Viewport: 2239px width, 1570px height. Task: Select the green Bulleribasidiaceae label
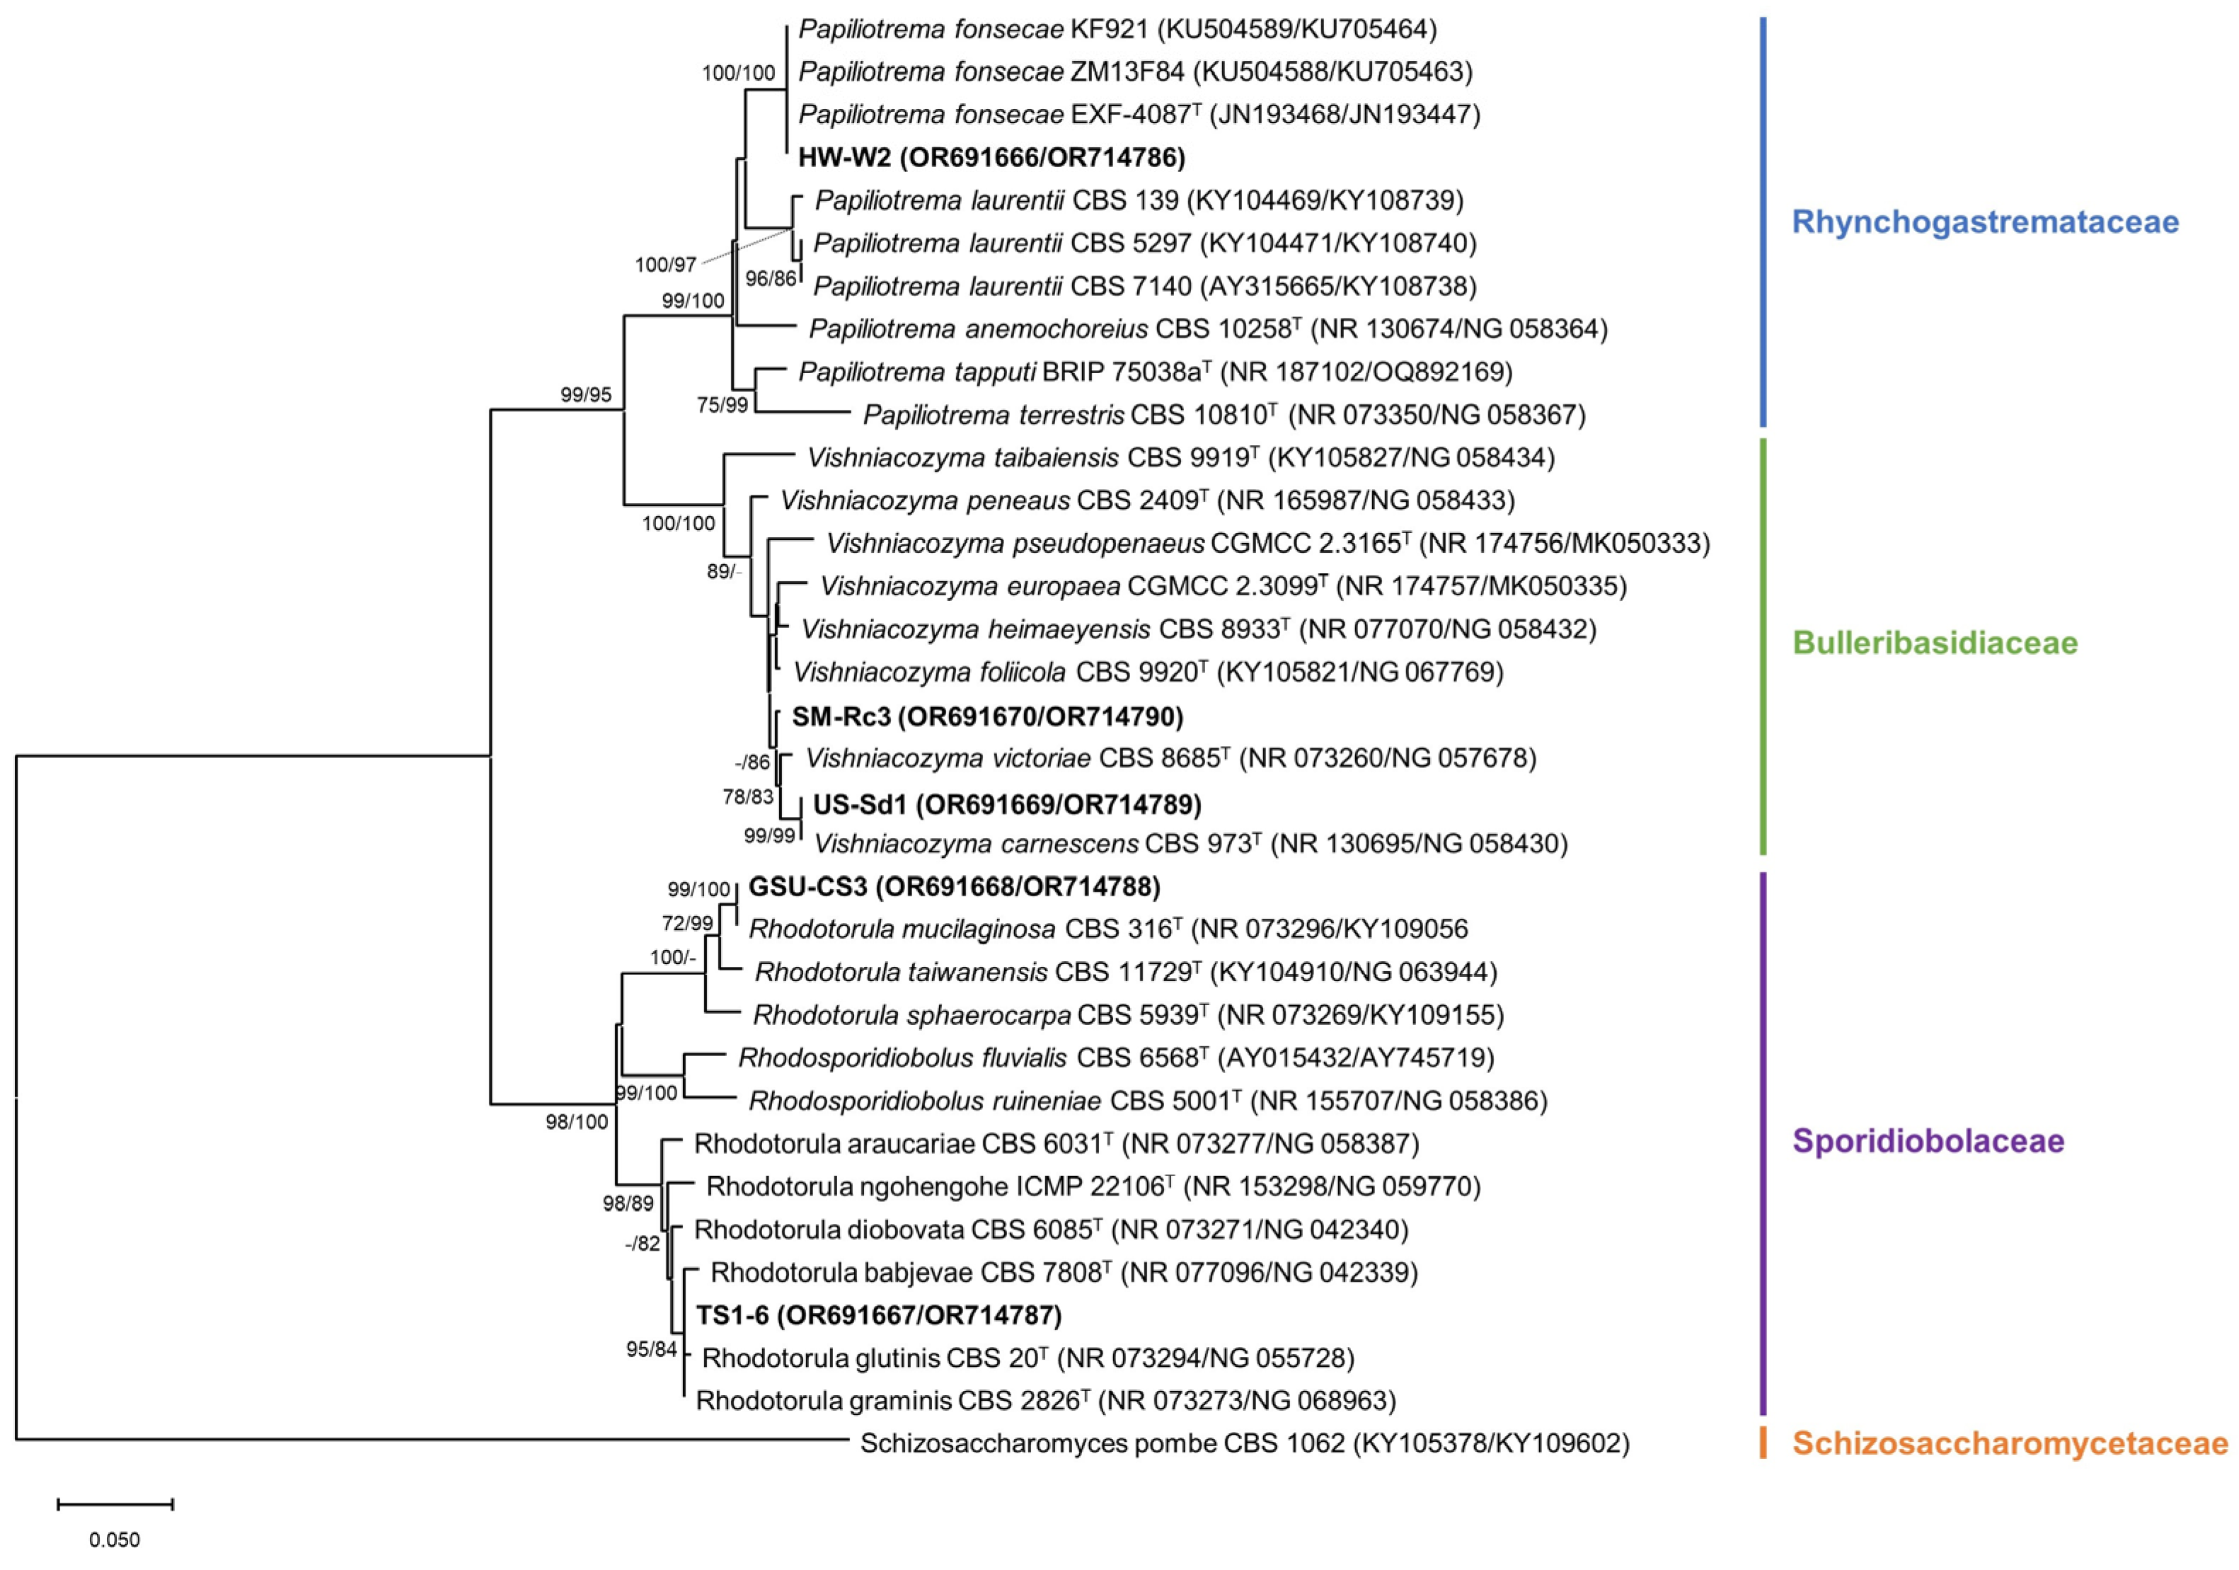click(1935, 643)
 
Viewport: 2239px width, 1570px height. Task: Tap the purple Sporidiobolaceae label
click(1928, 1141)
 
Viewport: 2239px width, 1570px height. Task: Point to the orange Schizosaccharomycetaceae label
click(2010, 1443)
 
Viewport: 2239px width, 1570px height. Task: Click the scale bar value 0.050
click(115, 1540)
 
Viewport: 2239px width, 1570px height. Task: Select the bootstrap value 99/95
click(586, 395)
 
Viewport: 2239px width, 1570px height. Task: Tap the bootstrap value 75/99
click(722, 405)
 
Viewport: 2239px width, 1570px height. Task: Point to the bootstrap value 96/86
click(771, 279)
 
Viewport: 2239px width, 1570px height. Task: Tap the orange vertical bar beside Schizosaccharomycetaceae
click(1763, 1443)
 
